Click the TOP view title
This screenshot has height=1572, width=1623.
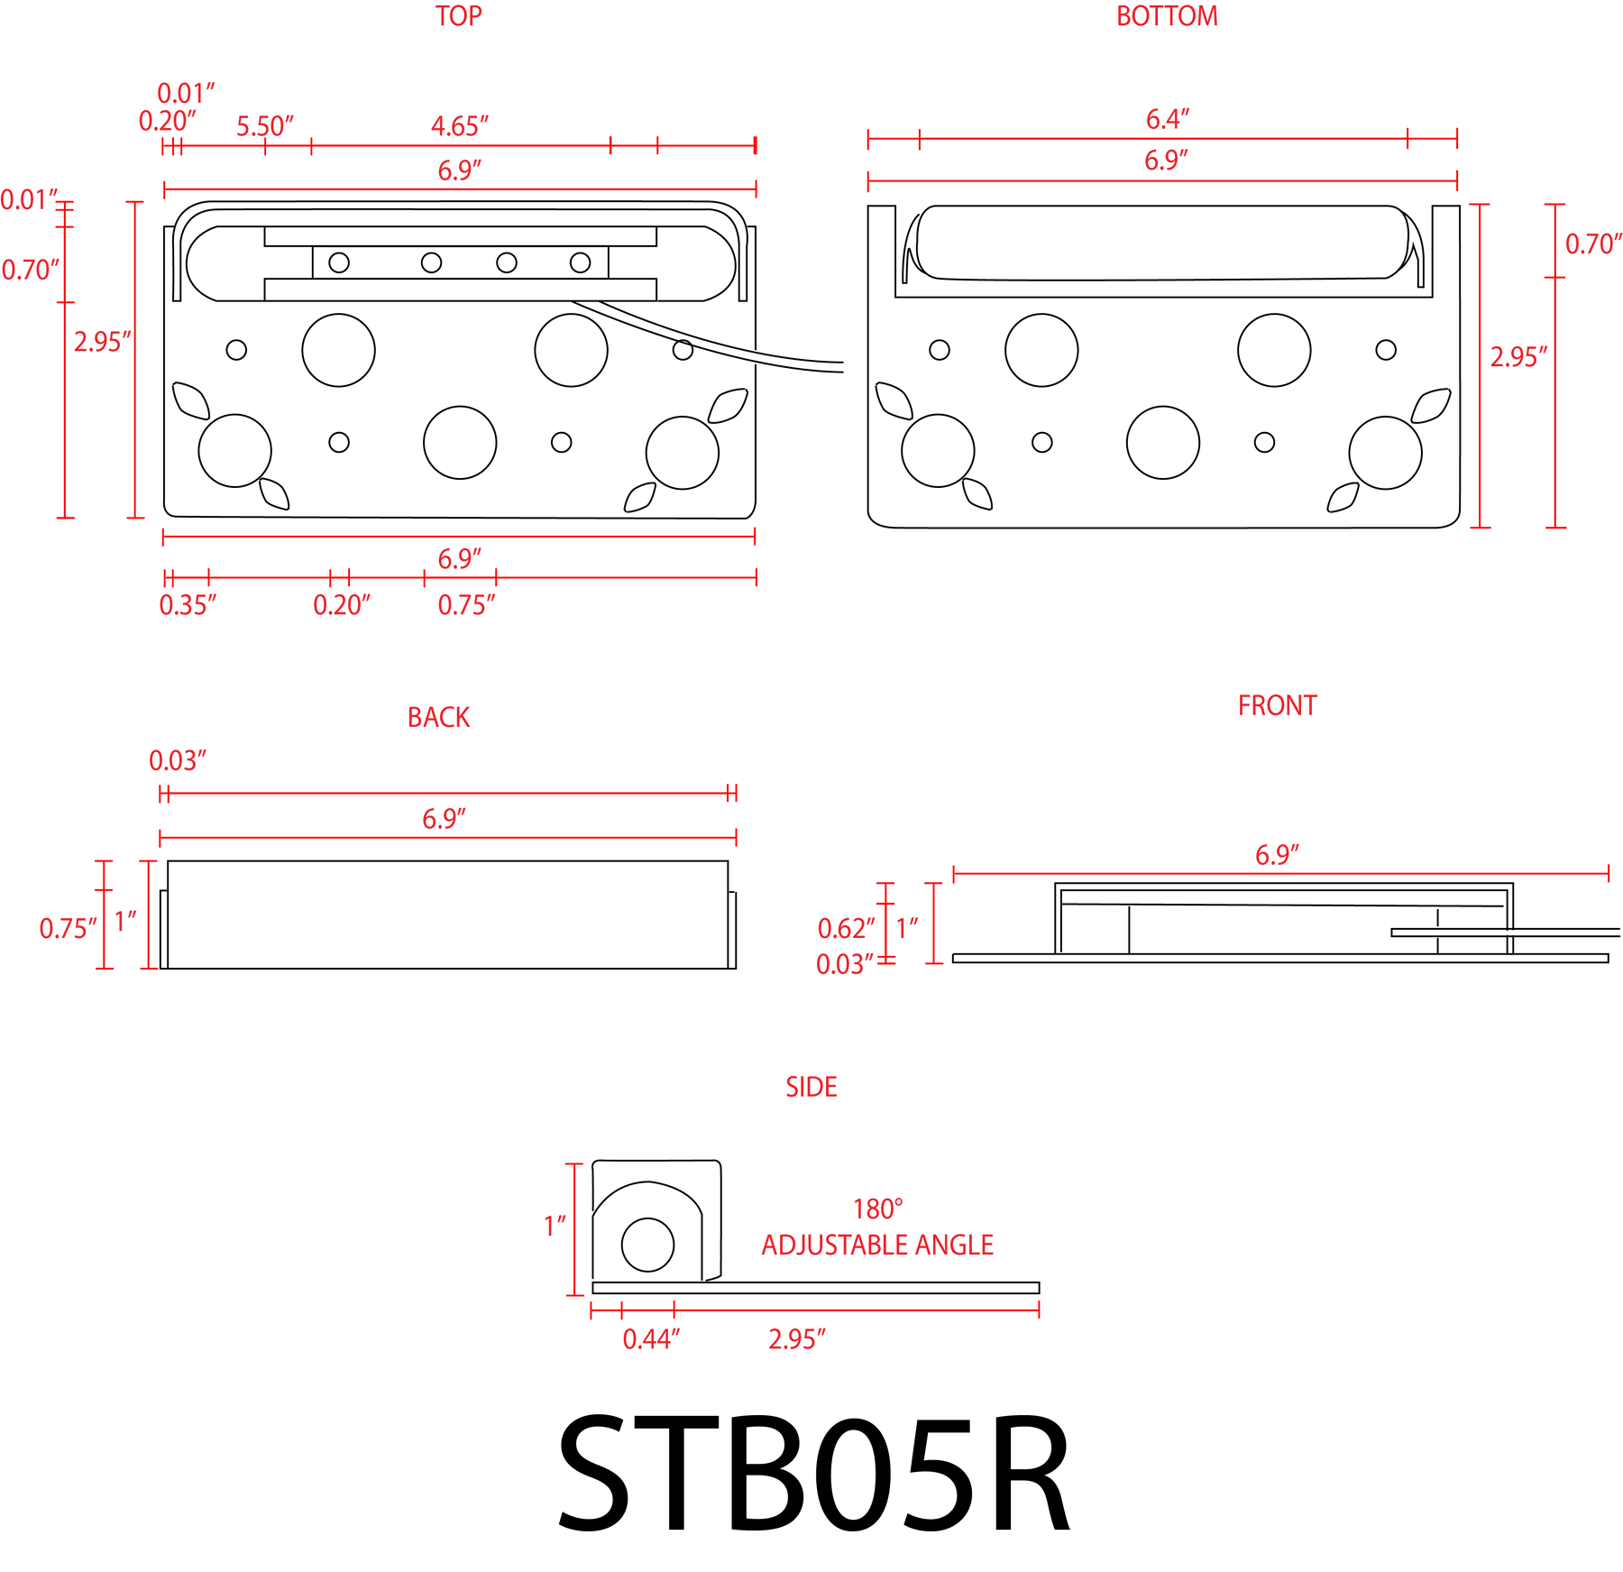[459, 16]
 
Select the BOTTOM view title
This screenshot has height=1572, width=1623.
[1167, 16]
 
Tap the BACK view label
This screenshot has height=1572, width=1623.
[438, 717]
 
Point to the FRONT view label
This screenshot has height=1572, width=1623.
[1277, 705]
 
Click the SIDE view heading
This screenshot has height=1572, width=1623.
[811, 1087]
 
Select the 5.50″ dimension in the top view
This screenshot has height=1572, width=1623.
[265, 126]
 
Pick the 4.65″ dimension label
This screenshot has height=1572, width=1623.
[460, 126]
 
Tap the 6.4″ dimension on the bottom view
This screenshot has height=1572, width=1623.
[1168, 119]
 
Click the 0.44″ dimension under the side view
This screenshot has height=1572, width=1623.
[651, 1338]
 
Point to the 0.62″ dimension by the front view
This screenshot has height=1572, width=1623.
[846, 928]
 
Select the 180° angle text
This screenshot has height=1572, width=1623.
[878, 1209]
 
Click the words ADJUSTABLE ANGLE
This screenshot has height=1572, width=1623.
[877, 1245]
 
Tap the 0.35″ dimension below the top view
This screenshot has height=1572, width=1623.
[188, 605]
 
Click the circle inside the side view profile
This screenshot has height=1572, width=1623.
[647, 1245]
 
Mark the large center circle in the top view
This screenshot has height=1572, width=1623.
[460, 443]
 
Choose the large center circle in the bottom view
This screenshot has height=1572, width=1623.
[1163, 443]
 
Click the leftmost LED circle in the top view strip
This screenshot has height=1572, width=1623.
[339, 262]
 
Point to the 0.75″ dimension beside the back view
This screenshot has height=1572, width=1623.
[68, 928]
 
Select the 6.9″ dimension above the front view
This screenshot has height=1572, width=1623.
[1278, 855]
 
